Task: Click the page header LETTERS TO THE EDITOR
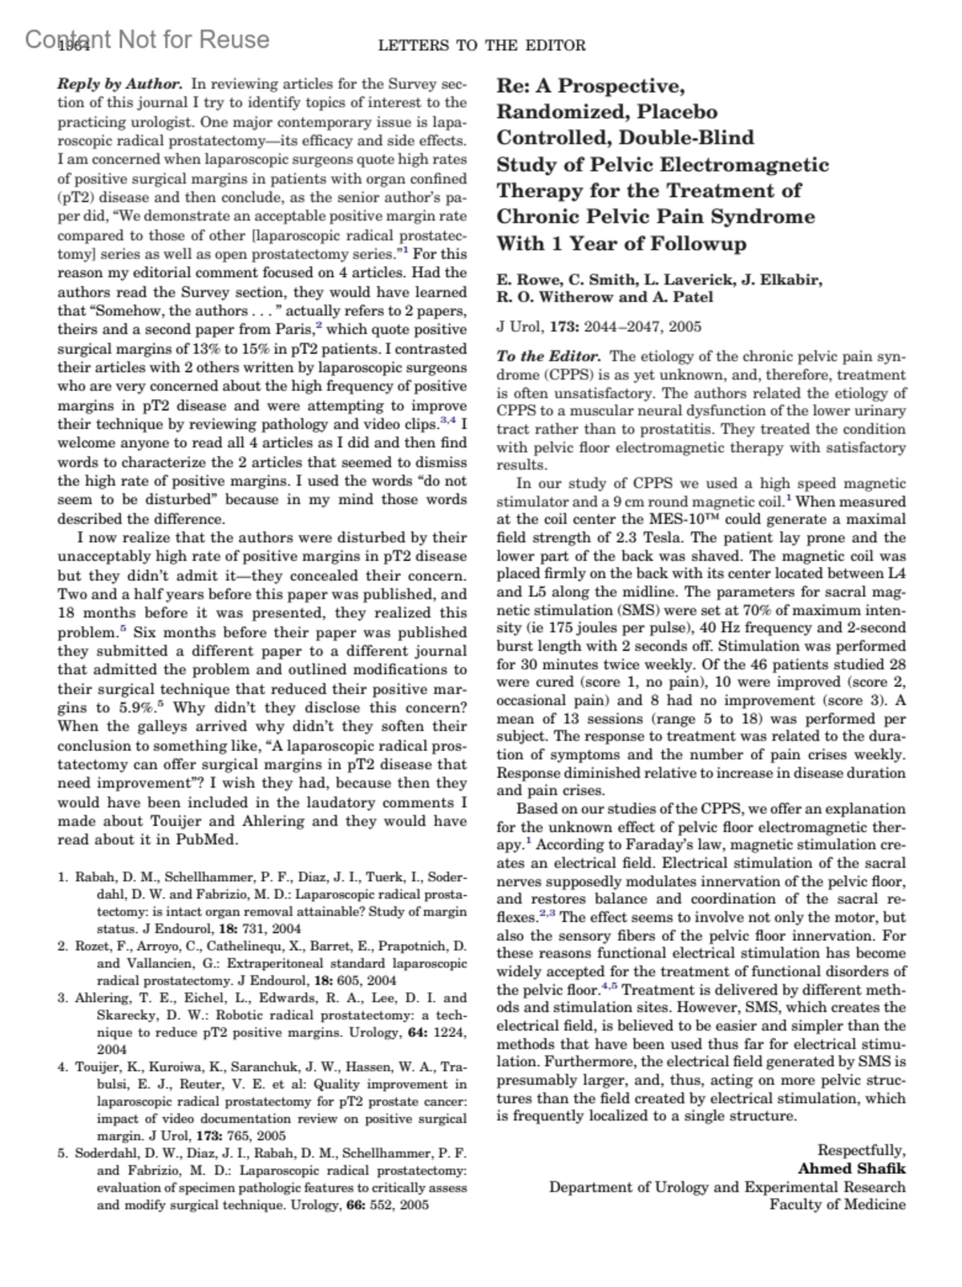coord(482,46)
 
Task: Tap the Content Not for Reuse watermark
coord(148,39)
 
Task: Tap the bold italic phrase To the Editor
coord(548,357)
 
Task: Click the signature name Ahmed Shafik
coord(851,1169)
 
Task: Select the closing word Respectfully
coord(861,1151)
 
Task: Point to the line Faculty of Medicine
coord(838,1204)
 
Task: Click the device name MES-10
coord(681,519)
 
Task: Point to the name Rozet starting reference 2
coord(94,946)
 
